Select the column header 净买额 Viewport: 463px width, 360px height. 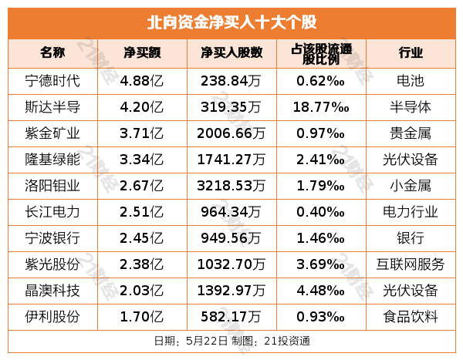tap(142, 53)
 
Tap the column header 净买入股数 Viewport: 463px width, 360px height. tap(231, 53)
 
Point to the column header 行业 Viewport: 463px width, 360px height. tap(411, 53)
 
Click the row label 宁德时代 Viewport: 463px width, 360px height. tap(52, 80)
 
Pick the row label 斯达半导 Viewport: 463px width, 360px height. tap(52, 106)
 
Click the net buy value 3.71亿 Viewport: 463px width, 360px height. tap(142, 133)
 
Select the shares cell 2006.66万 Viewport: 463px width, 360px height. tap(231, 133)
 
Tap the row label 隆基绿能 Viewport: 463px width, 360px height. tap(52, 160)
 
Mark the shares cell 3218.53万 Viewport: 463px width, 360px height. tap(231, 186)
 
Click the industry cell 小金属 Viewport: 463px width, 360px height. tap(411, 186)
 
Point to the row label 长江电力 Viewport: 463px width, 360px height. tap(52, 212)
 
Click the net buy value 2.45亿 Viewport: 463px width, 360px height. tap(142, 238)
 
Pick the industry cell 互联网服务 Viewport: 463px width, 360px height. tap(411, 264)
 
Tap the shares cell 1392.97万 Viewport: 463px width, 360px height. tap(231, 291)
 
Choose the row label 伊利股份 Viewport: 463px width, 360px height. tap(52, 317)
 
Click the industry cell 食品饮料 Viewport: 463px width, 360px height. tap(411, 317)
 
